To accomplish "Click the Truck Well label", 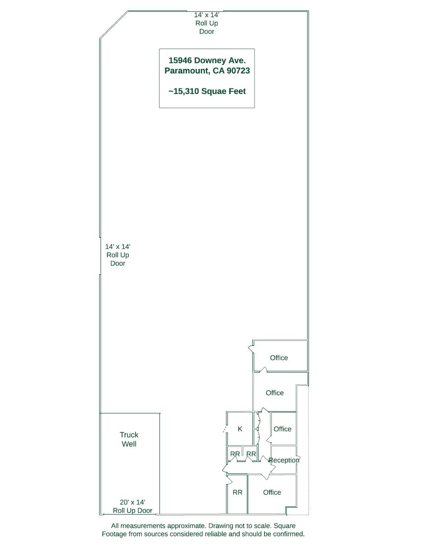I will click(x=129, y=439).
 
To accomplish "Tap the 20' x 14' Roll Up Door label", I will click(x=132, y=506).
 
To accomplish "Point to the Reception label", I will click(x=284, y=460).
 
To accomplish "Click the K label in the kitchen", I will click(x=240, y=429).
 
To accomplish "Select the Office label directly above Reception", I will click(x=282, y=429).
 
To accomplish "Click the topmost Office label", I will click(x=279, y=358).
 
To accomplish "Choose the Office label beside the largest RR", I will click(x=272, y=492).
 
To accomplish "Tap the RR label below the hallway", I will click(x=237, y=492).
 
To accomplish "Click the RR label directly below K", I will click(x=235, y=454).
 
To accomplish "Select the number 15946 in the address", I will click(x=180, y=60).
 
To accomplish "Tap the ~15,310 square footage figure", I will click(x=183, y=91).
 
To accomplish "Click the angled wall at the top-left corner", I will click(x=114, y=25).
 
